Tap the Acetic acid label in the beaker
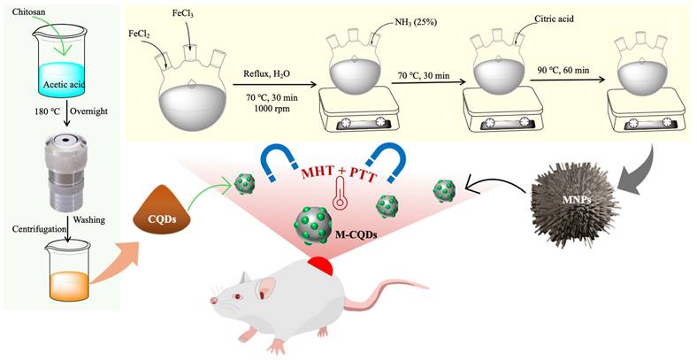pos(60,85)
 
